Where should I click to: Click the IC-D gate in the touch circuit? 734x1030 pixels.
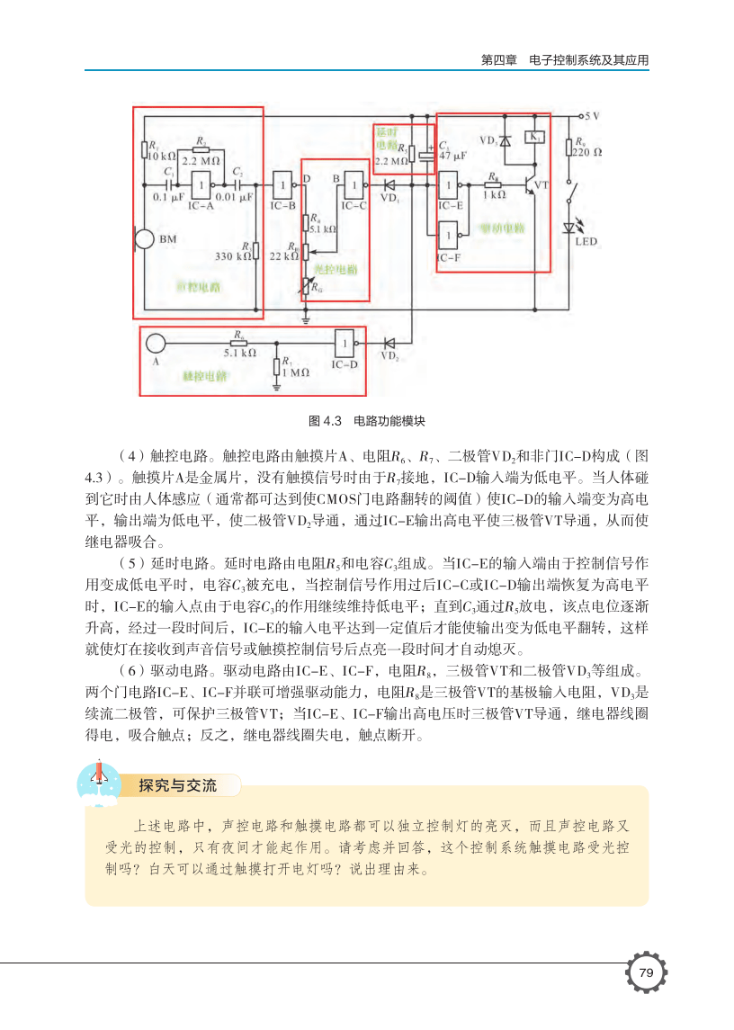tap(344, 343)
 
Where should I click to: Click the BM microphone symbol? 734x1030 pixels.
tap(142, 239)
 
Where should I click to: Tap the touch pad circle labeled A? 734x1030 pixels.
tap(156, 343)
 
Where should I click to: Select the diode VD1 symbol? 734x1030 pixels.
tap(390, 187)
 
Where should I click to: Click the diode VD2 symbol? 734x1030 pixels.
tap(390, 343)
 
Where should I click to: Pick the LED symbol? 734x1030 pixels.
tap(568, 228)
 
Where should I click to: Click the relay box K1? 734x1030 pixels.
tap(535, 137)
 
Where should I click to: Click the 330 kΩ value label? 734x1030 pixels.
tap(230, 256)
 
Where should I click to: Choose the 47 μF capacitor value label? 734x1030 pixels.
tap(452, 156)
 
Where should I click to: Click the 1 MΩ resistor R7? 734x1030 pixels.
tap(276, 366)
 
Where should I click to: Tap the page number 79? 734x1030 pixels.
tap(646, 972)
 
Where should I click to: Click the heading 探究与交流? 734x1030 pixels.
tap(177, 785)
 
